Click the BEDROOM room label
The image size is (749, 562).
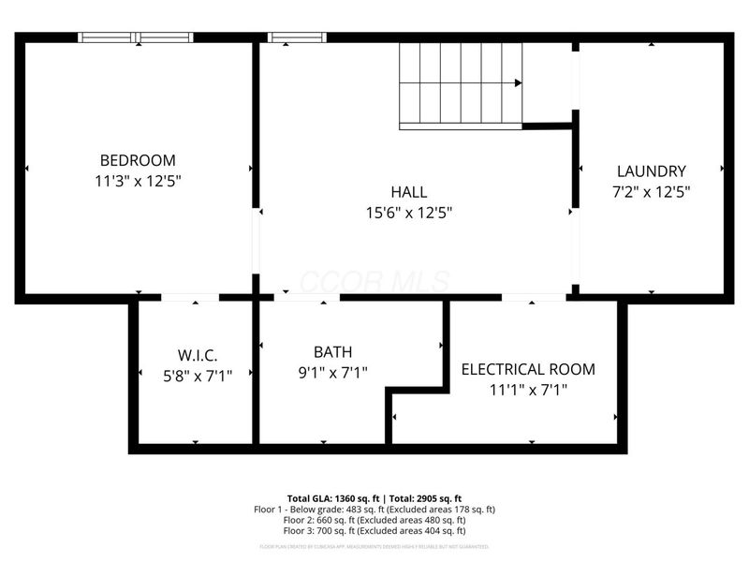[138, 160]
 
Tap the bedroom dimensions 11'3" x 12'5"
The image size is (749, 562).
[138, 181]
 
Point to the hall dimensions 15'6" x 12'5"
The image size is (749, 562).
[408, 214]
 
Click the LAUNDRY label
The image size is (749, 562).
[651, 171]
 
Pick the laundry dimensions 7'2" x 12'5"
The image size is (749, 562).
[651, 192]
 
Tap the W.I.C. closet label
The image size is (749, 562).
[198, 355]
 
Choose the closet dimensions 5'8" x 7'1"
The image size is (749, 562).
[198, 375]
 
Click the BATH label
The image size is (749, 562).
[332, 352]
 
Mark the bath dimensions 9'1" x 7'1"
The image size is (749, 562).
[332, 373]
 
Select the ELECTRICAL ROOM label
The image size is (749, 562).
[528, 369]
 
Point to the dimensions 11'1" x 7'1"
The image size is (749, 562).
[528, 390]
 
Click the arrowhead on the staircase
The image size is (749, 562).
[517, 83]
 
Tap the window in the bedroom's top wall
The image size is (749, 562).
[136, 37]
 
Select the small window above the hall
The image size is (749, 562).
[297, 37]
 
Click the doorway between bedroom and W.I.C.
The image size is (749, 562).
[190, 298]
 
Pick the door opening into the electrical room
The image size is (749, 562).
[533, 298]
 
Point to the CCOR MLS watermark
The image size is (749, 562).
[374, 280]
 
